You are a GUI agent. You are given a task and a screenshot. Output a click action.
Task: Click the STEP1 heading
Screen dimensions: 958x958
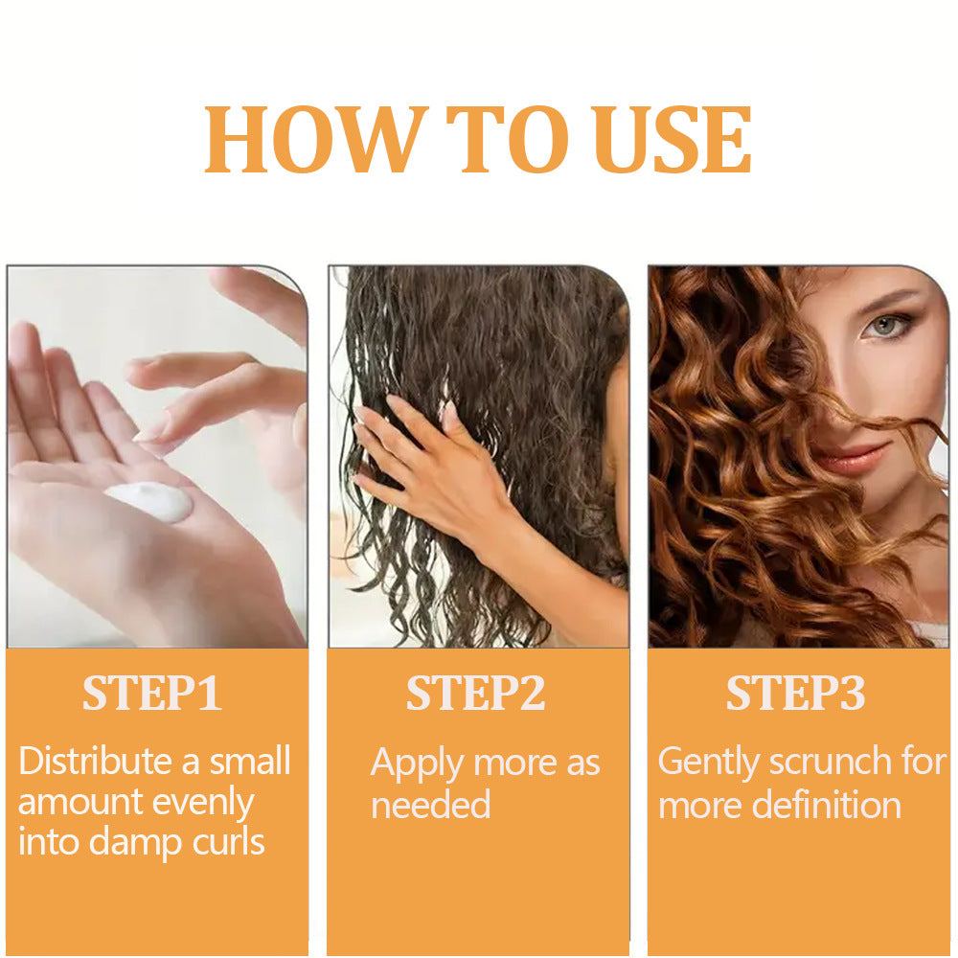click(152, 695)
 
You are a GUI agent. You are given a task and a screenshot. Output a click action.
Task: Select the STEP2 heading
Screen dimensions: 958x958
click(476, 695)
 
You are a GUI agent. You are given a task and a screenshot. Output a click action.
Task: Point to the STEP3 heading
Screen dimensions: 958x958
click(795, 695)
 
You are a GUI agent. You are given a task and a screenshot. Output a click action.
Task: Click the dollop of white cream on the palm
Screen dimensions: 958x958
click(150, 501)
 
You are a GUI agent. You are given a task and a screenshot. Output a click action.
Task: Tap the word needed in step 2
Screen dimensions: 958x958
click(430, 804)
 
